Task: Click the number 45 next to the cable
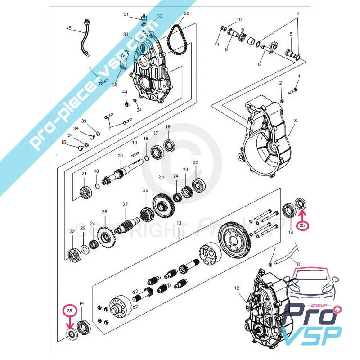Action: tap(69, 28)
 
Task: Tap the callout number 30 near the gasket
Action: tap(187, 14)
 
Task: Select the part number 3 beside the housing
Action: tap(295, 121)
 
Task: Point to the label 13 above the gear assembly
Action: tap(179, 223)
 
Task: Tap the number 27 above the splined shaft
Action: tap(126, 204)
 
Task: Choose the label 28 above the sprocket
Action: tap(104, 211)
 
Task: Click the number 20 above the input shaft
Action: tap(121, 156)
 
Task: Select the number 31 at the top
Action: tap(126, 14)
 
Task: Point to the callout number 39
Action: tap(84, 121)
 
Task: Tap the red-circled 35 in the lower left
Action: tap(69, 310)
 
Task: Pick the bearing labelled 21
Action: tap(85, 193)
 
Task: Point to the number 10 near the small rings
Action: tap(239, 20)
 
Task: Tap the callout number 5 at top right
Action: tap(291, 34)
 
